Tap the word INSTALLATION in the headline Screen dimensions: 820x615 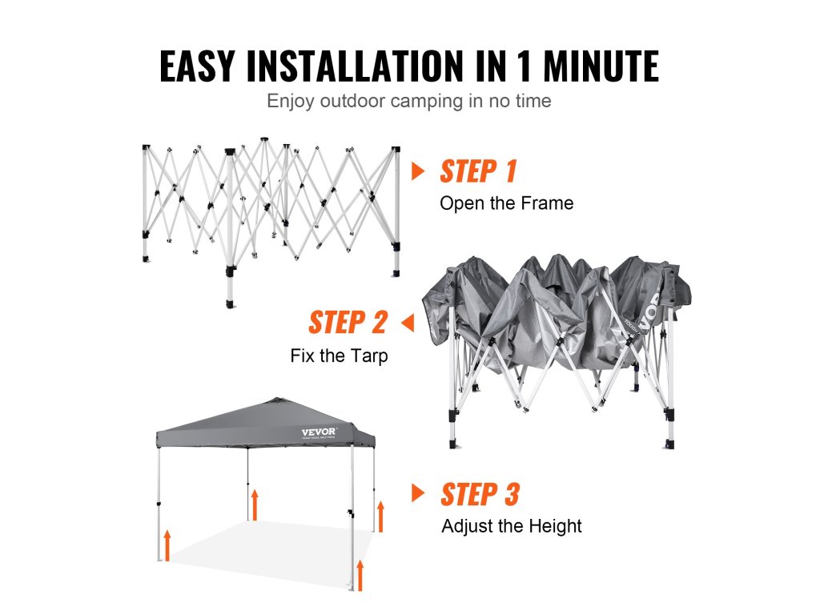tap(355, 66)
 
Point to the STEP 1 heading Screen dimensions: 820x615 tap(478, 171)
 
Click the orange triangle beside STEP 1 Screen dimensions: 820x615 tap(418, 171)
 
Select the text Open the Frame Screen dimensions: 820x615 tap(506, 203)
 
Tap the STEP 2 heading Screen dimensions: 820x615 tap(348, 322)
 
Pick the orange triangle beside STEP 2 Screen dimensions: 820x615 tap(408, 323)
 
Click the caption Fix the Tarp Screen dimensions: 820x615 tap(339, 356)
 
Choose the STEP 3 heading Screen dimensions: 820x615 tap(480, 495)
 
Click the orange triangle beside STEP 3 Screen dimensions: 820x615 tap(418, 492)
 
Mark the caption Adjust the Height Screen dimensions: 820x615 tap(512, 525)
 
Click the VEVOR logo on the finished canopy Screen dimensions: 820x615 tap(319, 432)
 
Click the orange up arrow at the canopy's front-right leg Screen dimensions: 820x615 tap(360, 575)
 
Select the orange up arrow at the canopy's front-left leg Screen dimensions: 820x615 tap(167, 545)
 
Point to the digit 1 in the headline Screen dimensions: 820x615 tap(525, 66)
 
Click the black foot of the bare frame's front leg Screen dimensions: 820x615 tap(231, 303)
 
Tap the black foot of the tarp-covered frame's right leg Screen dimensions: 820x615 tap(669, 444)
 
